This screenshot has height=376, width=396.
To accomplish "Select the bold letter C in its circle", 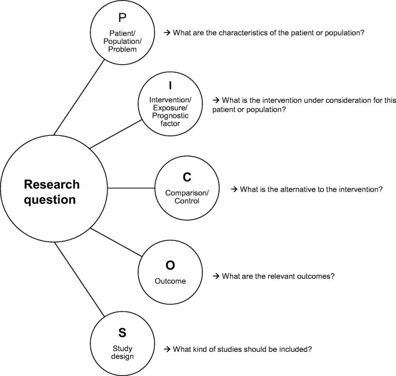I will [x=186, y=177].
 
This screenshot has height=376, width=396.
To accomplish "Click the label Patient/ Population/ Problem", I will [x=122, y=41].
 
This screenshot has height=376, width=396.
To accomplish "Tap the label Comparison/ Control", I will [x=186, y=197].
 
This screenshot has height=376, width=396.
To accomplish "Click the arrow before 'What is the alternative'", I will [x=234, y=189].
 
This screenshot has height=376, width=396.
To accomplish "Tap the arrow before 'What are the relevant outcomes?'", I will [x=216, y=277].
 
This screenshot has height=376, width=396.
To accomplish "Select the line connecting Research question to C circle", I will [x=131, y=188].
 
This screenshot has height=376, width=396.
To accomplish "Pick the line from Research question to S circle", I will [x=79, y=278].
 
